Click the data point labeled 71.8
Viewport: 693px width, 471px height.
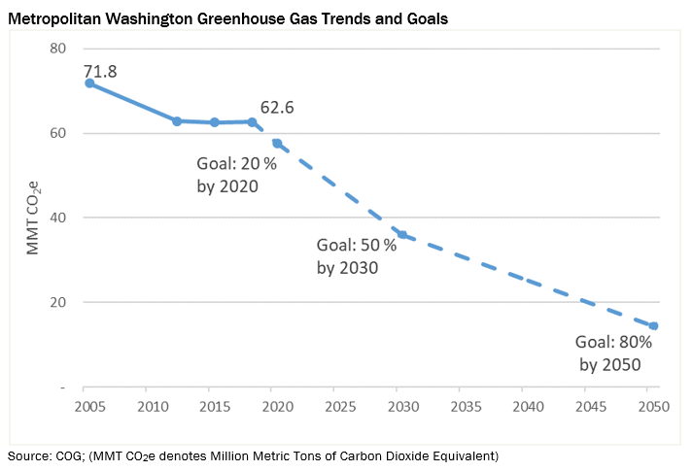pos(89,84)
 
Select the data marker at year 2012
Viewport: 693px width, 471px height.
pos(177,121)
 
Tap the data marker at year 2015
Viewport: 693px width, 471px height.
pos(215,122)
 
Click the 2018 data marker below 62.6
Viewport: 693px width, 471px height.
pos(253,121)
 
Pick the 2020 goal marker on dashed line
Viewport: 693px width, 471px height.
pos(277,144)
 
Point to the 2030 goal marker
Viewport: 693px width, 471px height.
pos(401,235)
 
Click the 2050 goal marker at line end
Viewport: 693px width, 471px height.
pos(653,326)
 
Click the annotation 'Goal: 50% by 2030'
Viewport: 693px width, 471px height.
pos(357,256)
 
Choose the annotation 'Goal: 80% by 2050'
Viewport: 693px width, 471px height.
pos(613,353)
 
